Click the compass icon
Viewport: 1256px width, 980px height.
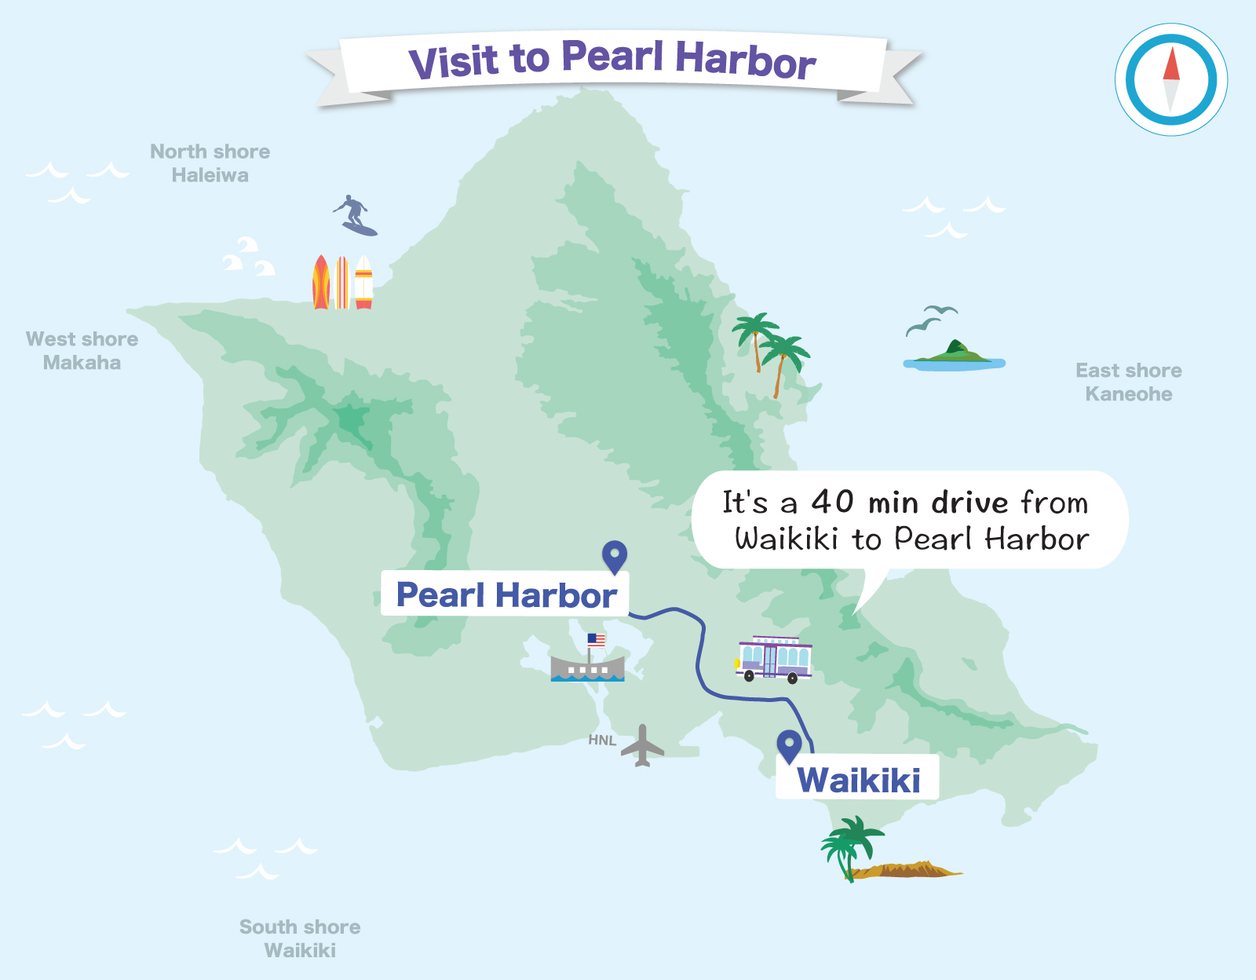tap(1171, 79)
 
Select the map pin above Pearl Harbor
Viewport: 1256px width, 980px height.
tap(614, 556)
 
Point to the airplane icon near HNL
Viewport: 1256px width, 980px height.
tap(643, 745)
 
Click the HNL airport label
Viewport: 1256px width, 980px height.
tap(602, 740)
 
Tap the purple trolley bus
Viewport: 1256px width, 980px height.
tap(774, 658)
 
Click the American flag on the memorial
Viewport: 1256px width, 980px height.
tap(597, 640)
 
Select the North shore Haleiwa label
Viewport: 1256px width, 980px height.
tap(210, 163)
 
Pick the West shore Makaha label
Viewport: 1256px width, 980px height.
tap(82, 350)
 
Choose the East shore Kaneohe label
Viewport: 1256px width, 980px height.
tap(1129, 382)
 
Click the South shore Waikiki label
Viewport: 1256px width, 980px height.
tap(300, 938)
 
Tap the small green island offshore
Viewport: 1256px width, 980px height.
tap(954, 356)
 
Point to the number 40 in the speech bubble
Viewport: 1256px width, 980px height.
tap(832, 501)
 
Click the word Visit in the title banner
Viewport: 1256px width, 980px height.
tap(453, 61)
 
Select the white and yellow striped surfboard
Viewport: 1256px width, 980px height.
tap(363, 282)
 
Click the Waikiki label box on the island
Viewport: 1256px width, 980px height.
tap(858, 779)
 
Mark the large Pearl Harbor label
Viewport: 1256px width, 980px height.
tap(506, 594)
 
